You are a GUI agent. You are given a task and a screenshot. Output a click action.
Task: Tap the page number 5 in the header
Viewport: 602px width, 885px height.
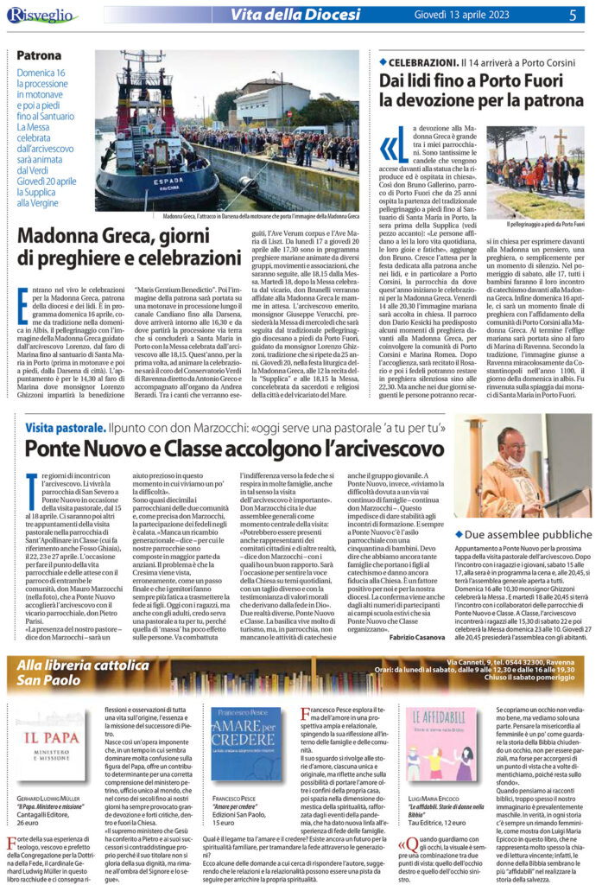coord(572,14)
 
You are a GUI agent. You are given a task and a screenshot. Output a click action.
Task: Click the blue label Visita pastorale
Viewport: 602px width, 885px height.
coord(60,427)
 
